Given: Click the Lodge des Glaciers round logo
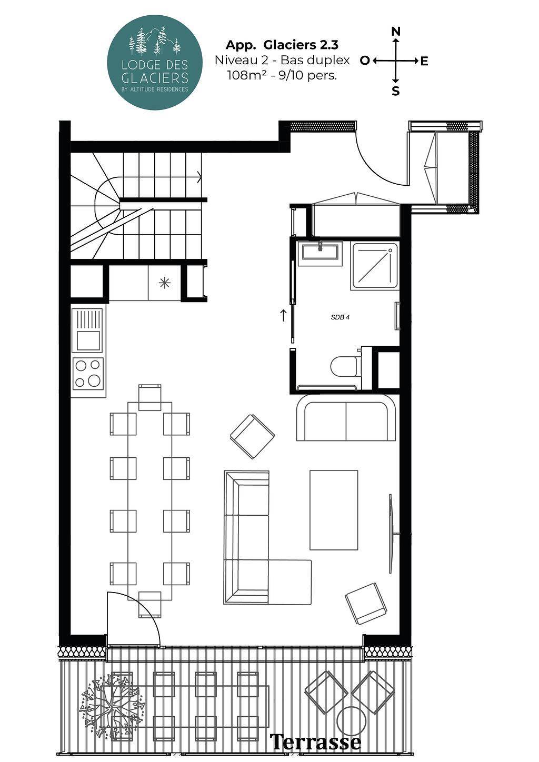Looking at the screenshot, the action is coord(155,62).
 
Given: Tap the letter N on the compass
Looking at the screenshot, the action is coord(395,32).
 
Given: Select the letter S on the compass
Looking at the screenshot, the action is coord(395,91).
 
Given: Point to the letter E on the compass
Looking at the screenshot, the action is coord(424,61).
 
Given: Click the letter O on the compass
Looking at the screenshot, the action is coord(364,61).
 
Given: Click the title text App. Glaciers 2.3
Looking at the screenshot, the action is coord(282,45).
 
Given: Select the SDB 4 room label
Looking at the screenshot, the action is coord(340,317).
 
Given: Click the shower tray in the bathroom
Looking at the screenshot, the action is coord(375,266).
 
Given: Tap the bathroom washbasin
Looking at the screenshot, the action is coord(320,253).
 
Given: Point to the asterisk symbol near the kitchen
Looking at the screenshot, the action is coord(165,283).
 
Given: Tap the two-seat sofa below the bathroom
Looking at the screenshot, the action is coord(346,418).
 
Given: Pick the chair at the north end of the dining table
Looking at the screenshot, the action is coord(149,397).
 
